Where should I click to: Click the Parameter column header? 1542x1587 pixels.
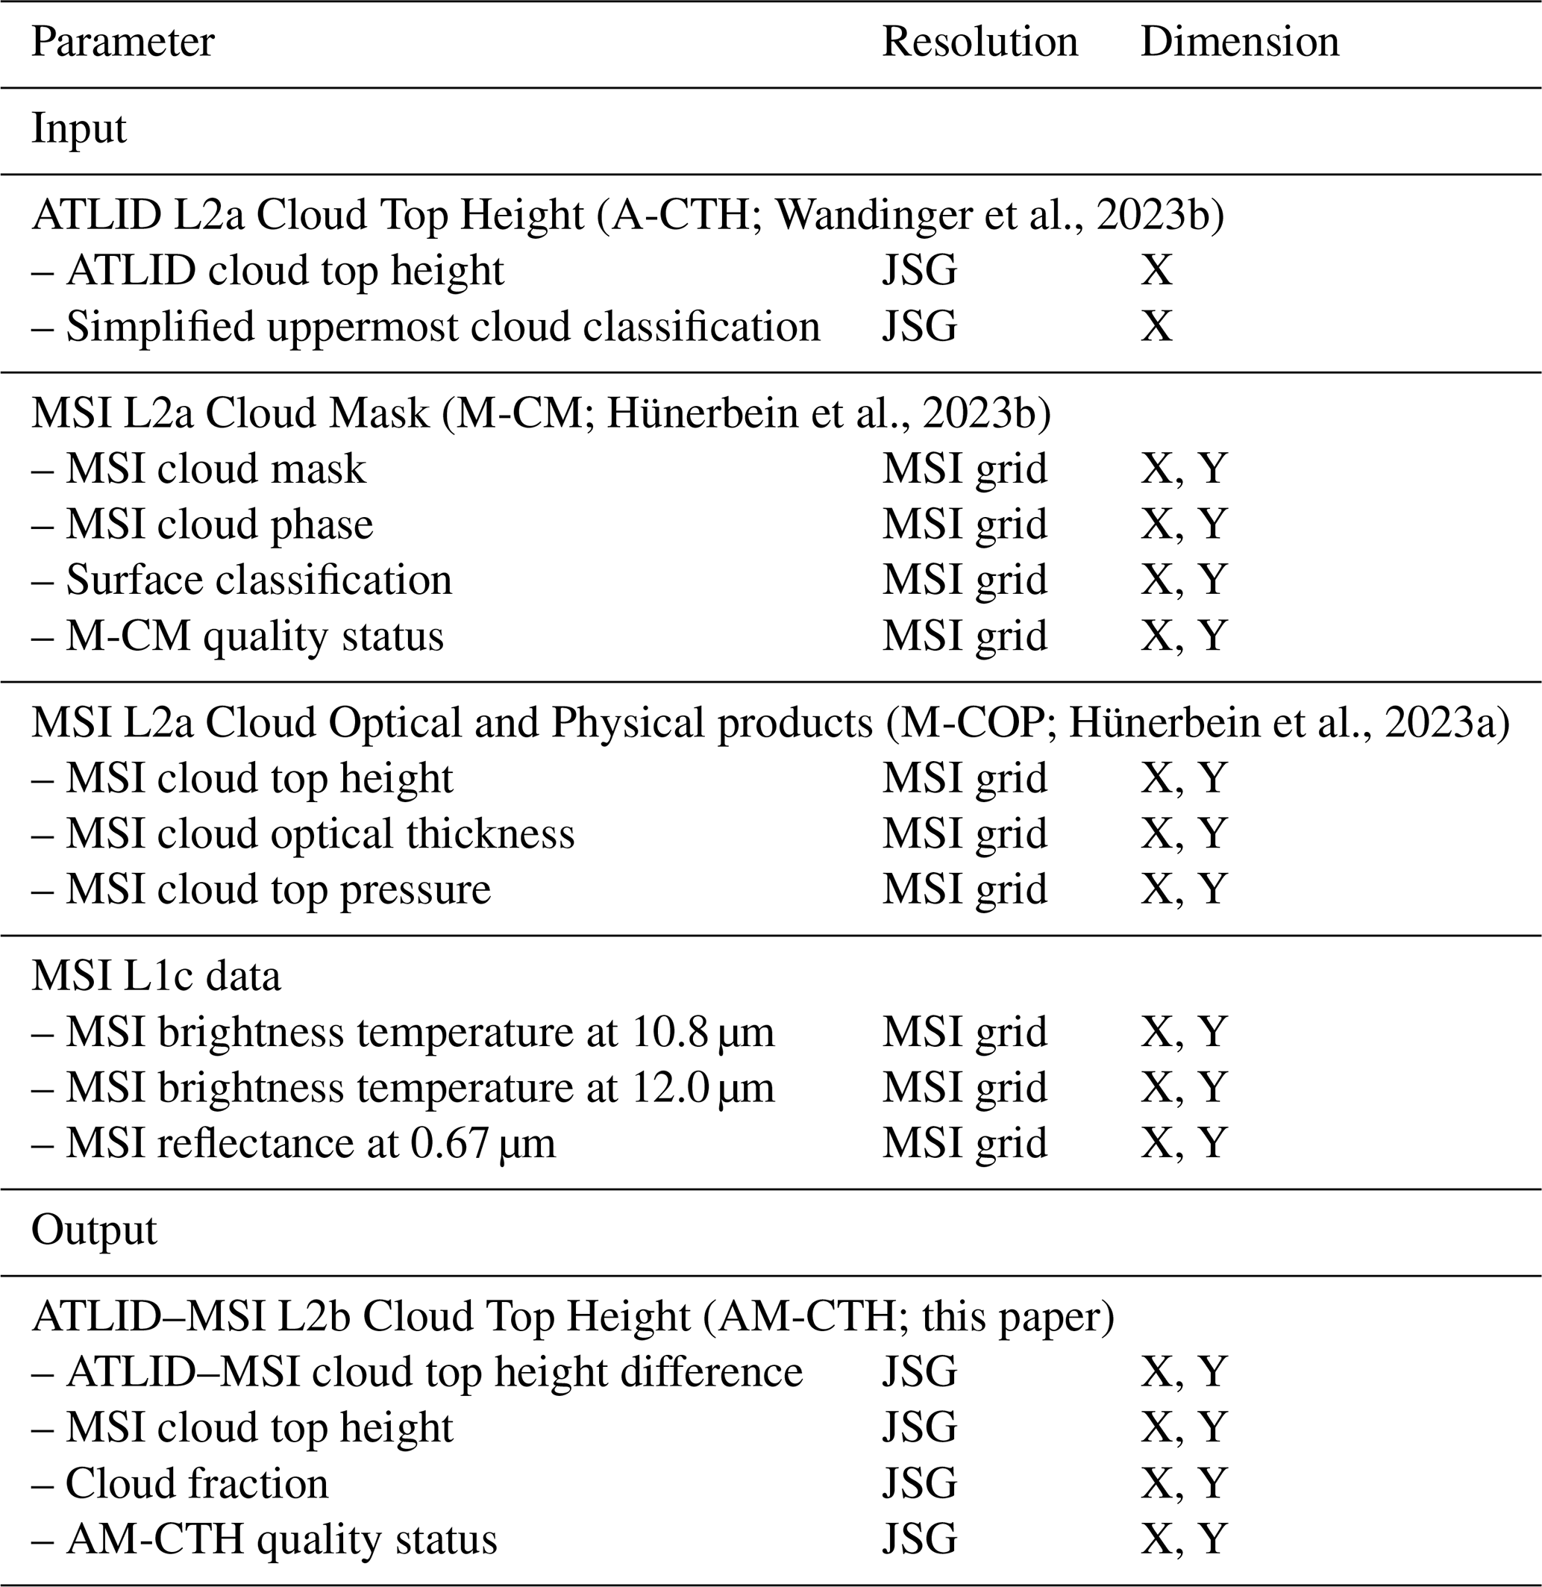(123, 42)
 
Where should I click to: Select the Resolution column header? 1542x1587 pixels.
(980, 42)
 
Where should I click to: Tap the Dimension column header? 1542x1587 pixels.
(1239, 42)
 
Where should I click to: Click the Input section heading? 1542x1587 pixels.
(78, 129)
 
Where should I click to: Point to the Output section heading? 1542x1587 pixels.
(94, 1230)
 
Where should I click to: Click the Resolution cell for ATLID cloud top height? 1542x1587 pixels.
(919, 270)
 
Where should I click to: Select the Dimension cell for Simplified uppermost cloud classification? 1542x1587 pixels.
(1156, 327)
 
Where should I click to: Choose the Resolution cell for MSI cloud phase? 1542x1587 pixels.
(964, 524)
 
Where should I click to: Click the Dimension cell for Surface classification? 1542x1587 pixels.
(1184, 580)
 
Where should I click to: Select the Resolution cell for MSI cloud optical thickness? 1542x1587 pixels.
(964, 833)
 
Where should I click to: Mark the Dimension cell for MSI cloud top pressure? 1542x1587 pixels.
(1184, 889)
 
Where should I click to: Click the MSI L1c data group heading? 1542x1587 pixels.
(157, 976)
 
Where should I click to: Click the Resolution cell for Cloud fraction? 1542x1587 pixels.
(919, 1484)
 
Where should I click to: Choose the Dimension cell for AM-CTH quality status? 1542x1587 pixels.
(1184, 1540)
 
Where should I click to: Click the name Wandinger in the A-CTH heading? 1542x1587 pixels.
(862, 216)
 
